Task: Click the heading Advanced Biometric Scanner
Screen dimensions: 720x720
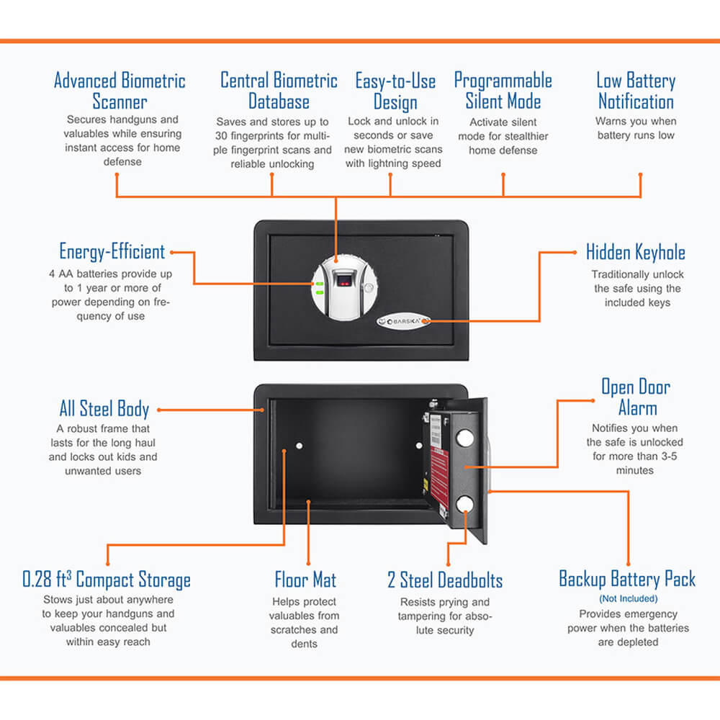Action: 120,91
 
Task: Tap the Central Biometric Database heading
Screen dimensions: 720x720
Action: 279,91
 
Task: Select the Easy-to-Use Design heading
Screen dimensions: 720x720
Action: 395,91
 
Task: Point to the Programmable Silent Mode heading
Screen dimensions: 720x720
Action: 503,91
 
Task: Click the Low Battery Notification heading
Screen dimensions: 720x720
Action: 636,91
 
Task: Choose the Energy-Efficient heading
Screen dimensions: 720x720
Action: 112,252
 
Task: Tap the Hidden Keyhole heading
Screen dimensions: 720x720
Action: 635,253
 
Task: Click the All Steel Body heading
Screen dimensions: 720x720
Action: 104,409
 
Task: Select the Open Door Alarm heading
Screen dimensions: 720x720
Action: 636,397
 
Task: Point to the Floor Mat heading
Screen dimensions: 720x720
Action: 305,580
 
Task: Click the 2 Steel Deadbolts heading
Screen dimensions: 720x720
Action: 445,580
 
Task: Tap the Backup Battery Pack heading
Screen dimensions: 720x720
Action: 627,579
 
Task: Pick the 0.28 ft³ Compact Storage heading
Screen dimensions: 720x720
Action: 107,580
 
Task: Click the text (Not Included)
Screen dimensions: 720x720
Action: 628,598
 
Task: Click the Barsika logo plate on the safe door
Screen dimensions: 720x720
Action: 405,322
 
